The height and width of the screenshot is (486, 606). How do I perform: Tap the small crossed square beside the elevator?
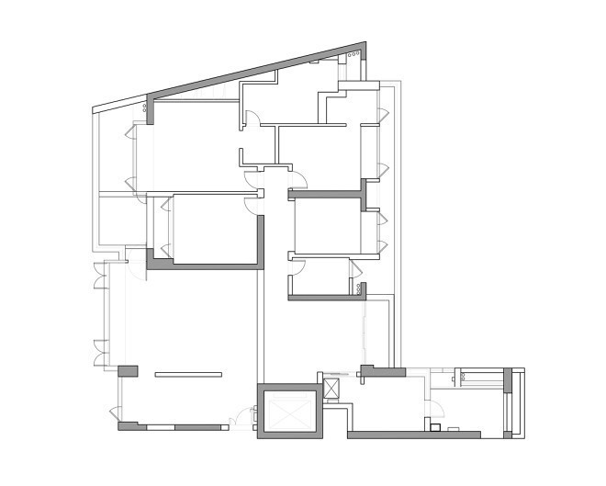point(331,389)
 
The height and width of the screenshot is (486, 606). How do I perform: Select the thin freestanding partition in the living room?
point(188,374)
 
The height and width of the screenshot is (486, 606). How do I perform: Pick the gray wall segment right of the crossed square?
point(380,371)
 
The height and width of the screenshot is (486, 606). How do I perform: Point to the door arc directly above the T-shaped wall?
point(297,179)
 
